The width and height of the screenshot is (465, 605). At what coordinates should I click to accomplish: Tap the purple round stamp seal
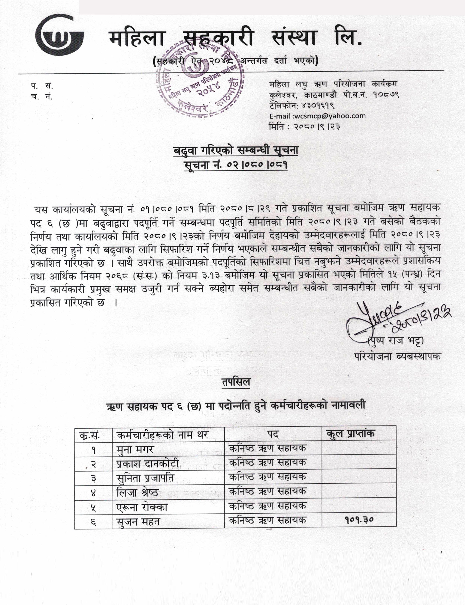200,79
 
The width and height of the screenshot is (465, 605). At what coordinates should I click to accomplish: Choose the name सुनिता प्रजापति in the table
145,478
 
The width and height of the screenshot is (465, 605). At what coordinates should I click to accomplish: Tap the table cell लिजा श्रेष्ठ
137,492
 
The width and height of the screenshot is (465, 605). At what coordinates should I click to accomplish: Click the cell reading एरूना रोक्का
142,507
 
